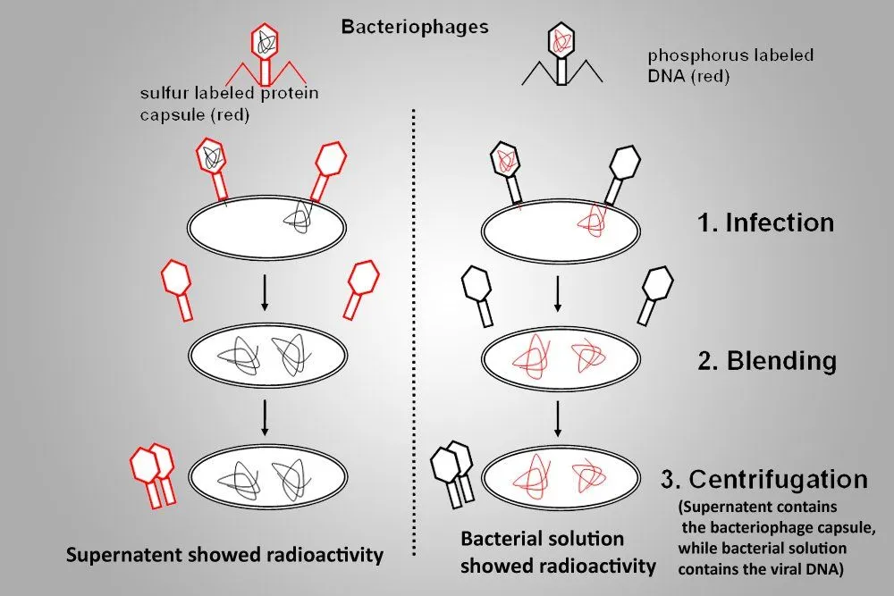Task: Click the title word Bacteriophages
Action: pyautogui.click(x=415, y=26)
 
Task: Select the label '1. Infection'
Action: pyautogui.click(x=765, y=222)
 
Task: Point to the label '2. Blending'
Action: pyautogui.click(x=767, y=361)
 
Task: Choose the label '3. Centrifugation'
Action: pyautogui.click(x=763, y=479)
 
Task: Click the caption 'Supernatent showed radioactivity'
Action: pyautogui.click(x=225, y=555)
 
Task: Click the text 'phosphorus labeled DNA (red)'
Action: pyautogui.click(x=730, y=66)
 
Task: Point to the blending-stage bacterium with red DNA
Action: pyautogui.click(x=560, y=358)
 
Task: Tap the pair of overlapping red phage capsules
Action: pyautogui.click(x=152, y=474)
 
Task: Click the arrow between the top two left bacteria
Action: pyautogui.click(x=265, y=295)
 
